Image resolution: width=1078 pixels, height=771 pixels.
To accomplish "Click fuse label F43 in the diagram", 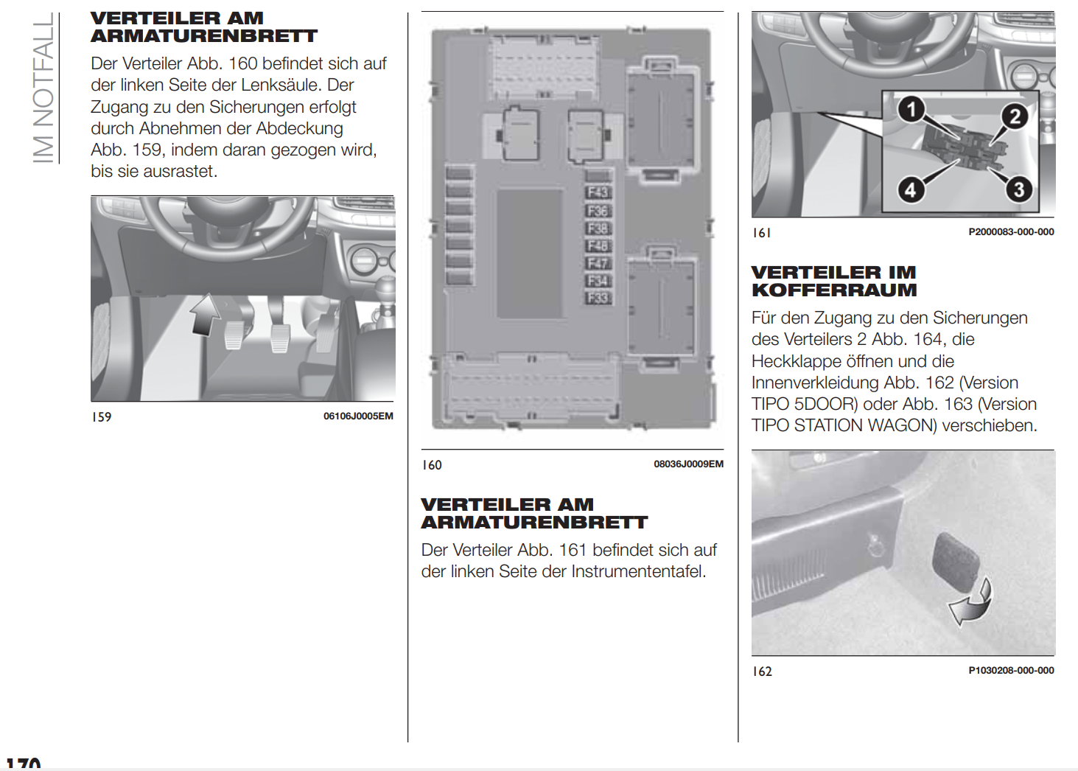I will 598,192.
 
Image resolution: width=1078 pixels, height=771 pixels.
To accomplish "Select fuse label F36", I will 598,211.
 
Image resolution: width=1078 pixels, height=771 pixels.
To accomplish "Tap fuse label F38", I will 598,228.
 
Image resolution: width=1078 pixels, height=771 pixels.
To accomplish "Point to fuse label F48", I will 598,245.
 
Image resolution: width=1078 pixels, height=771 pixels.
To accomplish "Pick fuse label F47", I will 598,263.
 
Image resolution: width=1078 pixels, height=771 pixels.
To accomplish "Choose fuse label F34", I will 598,281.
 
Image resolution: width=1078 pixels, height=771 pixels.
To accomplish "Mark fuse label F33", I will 598,298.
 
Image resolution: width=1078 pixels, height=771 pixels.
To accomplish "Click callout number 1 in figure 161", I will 911,110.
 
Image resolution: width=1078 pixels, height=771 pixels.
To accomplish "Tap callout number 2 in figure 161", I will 1015,116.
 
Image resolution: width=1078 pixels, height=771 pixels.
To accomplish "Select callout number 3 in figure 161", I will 1019,189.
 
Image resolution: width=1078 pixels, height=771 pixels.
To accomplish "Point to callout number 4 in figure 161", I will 911,189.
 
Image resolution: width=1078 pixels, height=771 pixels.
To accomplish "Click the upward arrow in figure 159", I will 204,314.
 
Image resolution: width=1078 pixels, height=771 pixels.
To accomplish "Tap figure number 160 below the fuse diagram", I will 432,465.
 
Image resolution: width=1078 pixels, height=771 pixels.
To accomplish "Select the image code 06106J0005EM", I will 358,416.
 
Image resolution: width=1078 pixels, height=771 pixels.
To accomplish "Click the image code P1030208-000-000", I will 1011,671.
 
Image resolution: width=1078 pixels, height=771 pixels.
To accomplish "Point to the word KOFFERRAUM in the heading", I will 834,290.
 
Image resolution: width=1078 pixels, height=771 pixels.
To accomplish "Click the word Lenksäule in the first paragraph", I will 282,85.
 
